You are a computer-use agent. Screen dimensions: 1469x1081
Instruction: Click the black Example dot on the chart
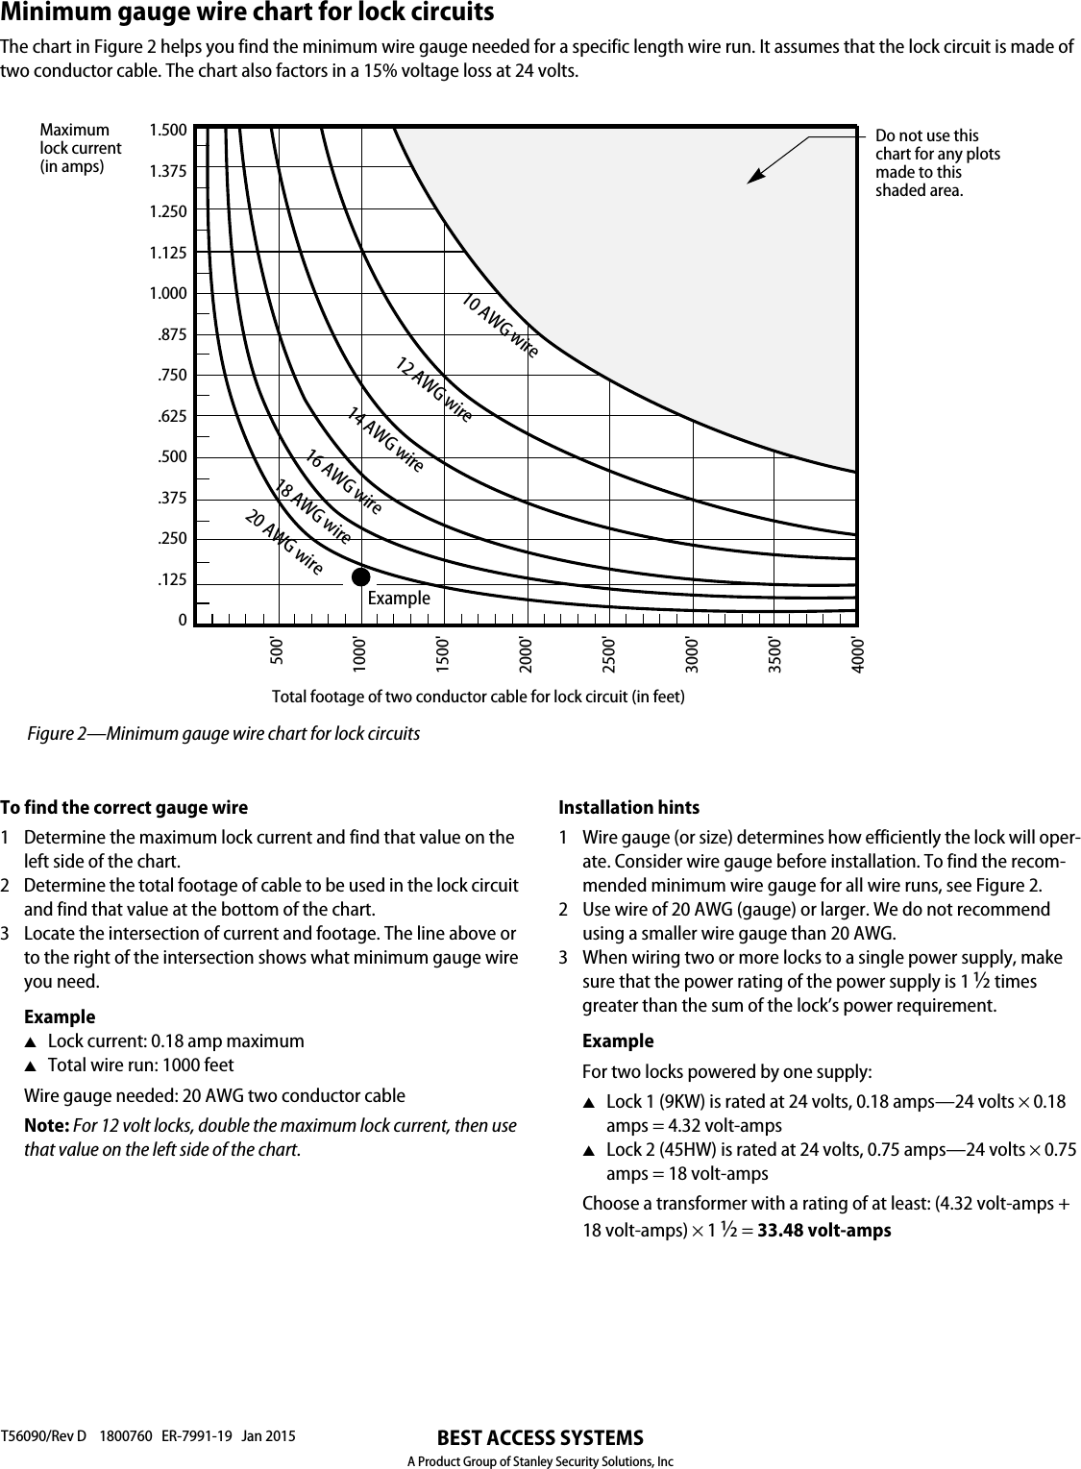[x=360, y=576]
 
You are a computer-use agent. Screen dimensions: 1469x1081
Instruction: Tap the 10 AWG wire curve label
[x=499, y=327]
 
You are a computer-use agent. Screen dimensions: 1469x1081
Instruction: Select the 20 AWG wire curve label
[x=283, y=544]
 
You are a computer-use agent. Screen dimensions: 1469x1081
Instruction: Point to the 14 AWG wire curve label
[x=384, y=439]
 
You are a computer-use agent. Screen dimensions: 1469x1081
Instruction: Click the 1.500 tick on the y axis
[x=168, y=130]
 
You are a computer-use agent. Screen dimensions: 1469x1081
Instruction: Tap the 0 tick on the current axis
[x=182, y=621]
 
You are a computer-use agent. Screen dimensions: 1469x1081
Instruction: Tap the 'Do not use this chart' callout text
[x=936, y=163]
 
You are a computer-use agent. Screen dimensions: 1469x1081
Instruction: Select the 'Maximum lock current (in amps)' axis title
[x=80, y=148]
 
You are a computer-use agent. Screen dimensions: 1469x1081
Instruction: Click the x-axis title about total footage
[x=479, y=696]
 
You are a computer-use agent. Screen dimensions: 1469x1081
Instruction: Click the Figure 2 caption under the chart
[x=223, y=734]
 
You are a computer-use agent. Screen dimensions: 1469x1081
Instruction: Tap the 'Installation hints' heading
[x=628, y=808]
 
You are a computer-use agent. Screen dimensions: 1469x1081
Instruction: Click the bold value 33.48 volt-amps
[x=823, y=1231]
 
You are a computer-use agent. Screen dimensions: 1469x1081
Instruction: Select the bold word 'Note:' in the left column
[x=45, y=1125]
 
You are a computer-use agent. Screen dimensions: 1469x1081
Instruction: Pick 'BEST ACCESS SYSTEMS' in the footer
[x=539, y=1438]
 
